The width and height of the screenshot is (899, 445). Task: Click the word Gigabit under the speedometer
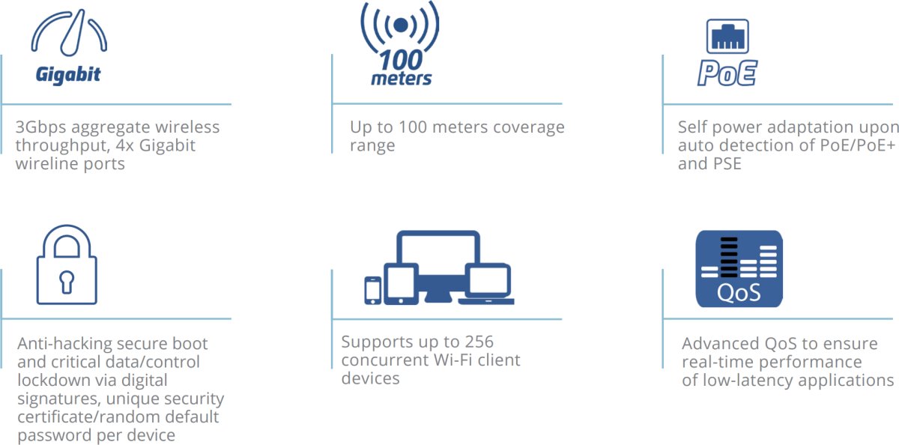pos(67,75)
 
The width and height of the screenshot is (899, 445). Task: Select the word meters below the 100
pos(402,79)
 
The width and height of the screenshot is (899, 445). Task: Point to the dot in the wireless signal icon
pos(402,25)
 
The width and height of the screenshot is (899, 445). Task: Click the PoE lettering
pos(727,73)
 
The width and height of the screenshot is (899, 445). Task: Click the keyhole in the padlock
pos(67,281)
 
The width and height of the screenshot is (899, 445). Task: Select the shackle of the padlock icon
pos(67,241)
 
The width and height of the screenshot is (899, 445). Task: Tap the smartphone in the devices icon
pos(372,291)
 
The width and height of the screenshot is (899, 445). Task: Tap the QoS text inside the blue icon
pos(739,291)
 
